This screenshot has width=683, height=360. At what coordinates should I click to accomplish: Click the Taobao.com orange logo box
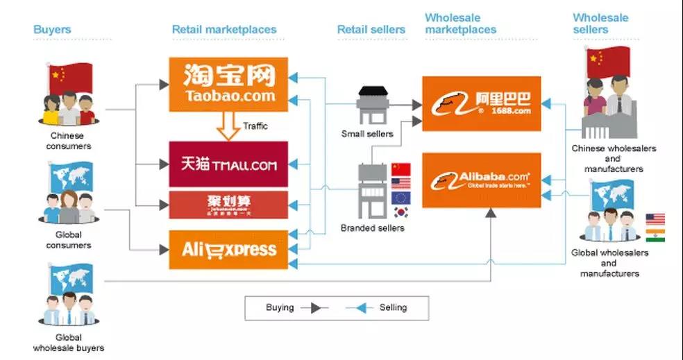click(x=228, y=84)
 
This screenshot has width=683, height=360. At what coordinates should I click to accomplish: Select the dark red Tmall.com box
click(x=228, y=164)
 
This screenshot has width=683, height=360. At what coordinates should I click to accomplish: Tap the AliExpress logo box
click(x=228, y=250)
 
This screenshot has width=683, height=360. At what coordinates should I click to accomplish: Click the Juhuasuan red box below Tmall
click(x=228, y=204)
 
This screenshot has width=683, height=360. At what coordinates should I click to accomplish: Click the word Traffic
click(x=255, y=126)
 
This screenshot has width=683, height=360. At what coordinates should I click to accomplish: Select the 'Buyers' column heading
click(x=52, y=30)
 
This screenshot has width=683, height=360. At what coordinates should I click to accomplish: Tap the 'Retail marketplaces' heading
click(x=224, y=30)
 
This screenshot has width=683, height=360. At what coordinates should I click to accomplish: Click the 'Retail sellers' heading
click(x=371, y=30)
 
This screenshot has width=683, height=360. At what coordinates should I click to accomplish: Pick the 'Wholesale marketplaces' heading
click(x=460, y=24)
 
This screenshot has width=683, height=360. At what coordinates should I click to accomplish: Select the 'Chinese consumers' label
click(x=69, y=142)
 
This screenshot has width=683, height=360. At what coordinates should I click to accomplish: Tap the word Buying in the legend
click(x=280, y=307)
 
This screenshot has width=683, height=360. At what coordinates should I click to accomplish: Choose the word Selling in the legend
click(x=393, y=307)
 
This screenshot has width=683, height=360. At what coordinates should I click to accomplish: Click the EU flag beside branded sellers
click(x=401, y=198)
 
